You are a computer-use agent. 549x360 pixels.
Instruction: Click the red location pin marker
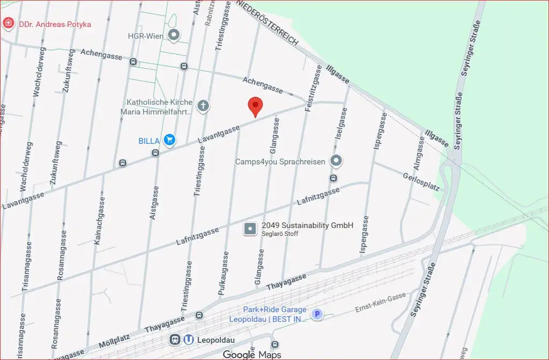[256, 106]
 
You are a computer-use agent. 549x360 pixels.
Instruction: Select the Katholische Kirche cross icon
[203, 106]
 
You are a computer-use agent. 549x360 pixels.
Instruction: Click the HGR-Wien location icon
[174, 36]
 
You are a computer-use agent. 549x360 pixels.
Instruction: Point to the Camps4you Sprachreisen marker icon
[336, 160]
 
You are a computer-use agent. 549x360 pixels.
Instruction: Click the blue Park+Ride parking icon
[317, 314]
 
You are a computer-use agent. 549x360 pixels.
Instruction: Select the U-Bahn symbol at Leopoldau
[189, 340]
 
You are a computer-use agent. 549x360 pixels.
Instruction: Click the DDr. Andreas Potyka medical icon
[8, 24]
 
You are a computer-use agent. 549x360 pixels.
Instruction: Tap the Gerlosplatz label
[421, 182]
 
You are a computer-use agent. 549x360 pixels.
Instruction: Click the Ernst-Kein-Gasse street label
[381, 304]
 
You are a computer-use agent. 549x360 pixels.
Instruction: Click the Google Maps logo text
[252, 355]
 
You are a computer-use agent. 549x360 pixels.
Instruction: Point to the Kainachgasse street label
[100, 221]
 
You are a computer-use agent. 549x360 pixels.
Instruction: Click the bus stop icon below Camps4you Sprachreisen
[333, 178]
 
